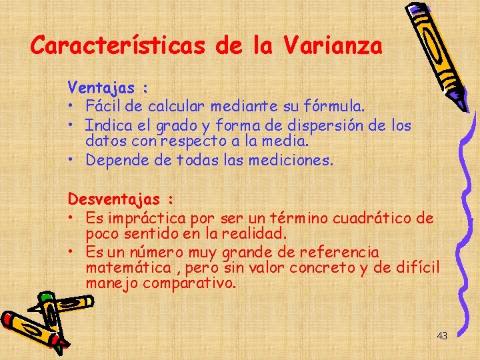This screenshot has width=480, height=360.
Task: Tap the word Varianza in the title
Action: [x=333, y=46]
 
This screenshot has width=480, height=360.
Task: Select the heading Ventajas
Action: [x=101, y=87]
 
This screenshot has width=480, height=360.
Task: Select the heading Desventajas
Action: [x=114, y=199]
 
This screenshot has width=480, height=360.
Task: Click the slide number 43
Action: [x=442, y=336]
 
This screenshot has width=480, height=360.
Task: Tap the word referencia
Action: [x=339, y=253]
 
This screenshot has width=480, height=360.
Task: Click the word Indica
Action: [x=109, y=125]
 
